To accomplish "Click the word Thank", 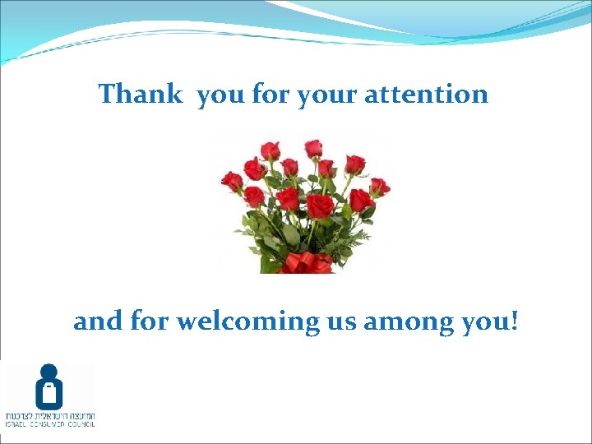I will tap(140, 94).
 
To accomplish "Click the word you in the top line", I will tap(221, 95).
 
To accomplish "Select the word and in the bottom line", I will tap(98, 321).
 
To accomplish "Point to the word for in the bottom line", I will tap(149, 321).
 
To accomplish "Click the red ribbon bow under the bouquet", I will tap(305, 263).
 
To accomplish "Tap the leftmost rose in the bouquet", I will tap(232, 181).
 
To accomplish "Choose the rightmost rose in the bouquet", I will tap(379, 187).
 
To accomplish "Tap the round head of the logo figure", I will tap(49, 372).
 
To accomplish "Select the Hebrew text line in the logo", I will tap(49, 414).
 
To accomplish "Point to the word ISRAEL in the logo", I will tap(16, 424).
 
